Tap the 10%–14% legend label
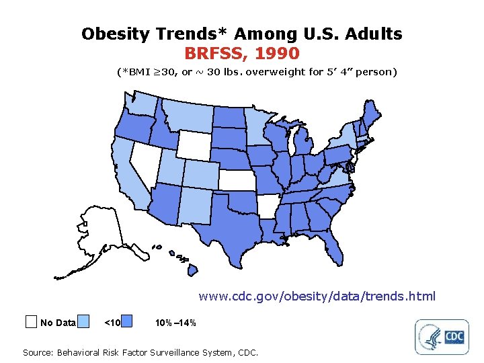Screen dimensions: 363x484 175,323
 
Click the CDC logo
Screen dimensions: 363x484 455,336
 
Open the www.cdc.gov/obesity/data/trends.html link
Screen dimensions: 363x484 317,296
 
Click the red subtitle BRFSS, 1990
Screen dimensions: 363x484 241,52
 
